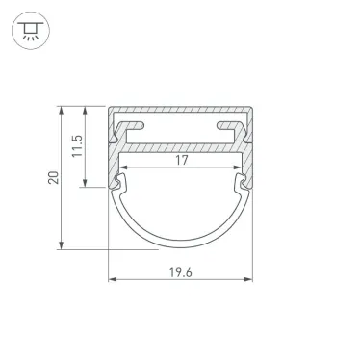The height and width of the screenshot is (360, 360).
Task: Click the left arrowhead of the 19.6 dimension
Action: tap(111, 280)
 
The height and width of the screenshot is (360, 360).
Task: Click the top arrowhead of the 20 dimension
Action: tap(63, 108)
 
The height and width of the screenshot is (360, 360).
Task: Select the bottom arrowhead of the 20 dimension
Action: tap(63, 246)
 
